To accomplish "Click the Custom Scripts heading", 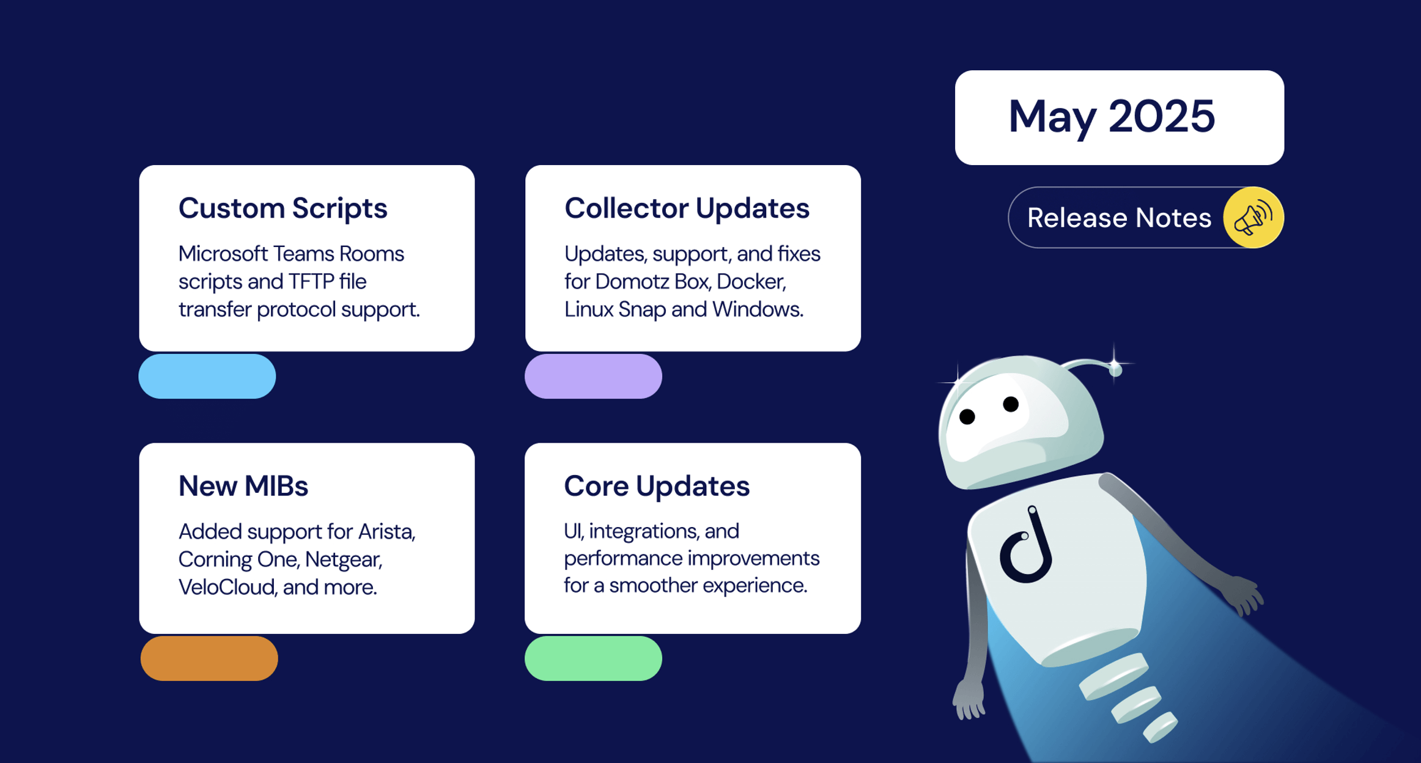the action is (x=282, y=208).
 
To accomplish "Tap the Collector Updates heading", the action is (x=687, y=208).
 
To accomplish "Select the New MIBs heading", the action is (x=243, y=486).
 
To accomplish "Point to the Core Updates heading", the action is (x=657, y=487).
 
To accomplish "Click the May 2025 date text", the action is (x=1112, y=117).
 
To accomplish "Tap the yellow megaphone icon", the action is (x=1253, y=218).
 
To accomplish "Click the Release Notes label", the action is (x=1119, y=218).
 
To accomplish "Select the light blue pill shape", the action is (x=207, y=377).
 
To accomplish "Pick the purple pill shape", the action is (x=593, y=377).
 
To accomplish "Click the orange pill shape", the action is (x=209, y=658).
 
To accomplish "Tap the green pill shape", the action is (x=593, y=658).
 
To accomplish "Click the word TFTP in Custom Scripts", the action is (x=311, y=282).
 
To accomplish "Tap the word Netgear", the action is (x=344, y=560).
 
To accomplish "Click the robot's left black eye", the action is (x=967, y=417).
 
